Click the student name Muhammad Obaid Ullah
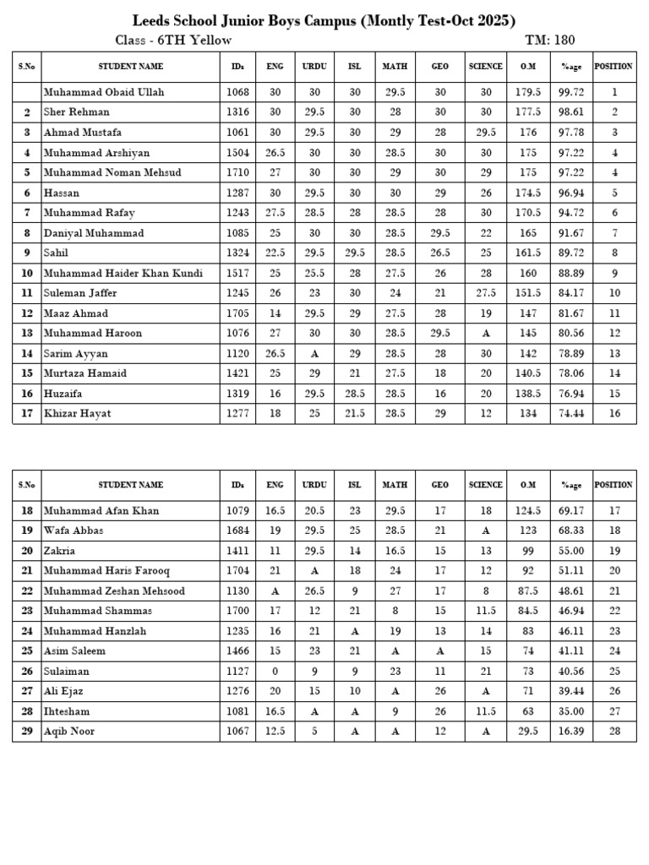[104, 92]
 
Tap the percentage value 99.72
[572, 92]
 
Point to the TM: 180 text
[550, 41]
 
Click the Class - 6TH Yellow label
[173, 41]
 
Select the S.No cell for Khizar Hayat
[27, 414]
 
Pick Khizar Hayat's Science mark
[486, 414]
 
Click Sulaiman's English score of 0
[275, 672]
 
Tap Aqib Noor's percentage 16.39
[572, 732]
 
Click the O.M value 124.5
[528, 511]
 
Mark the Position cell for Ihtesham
[614, 712]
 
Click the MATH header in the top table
[395, 66]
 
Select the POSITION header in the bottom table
[614, 485]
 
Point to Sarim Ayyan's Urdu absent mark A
[314, 354]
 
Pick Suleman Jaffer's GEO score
[440, 293]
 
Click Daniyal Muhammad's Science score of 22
[486, 233]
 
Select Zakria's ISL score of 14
[355, 551]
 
